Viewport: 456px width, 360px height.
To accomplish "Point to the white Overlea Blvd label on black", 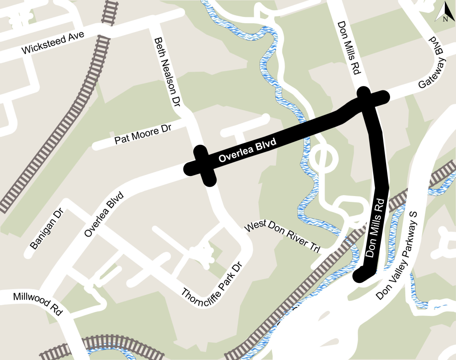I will pos(248,151).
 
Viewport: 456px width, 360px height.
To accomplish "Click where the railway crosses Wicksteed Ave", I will pos(103,32).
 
